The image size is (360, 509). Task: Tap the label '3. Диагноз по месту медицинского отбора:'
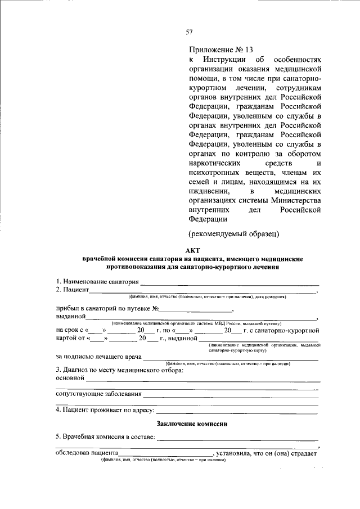point(119,370)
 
